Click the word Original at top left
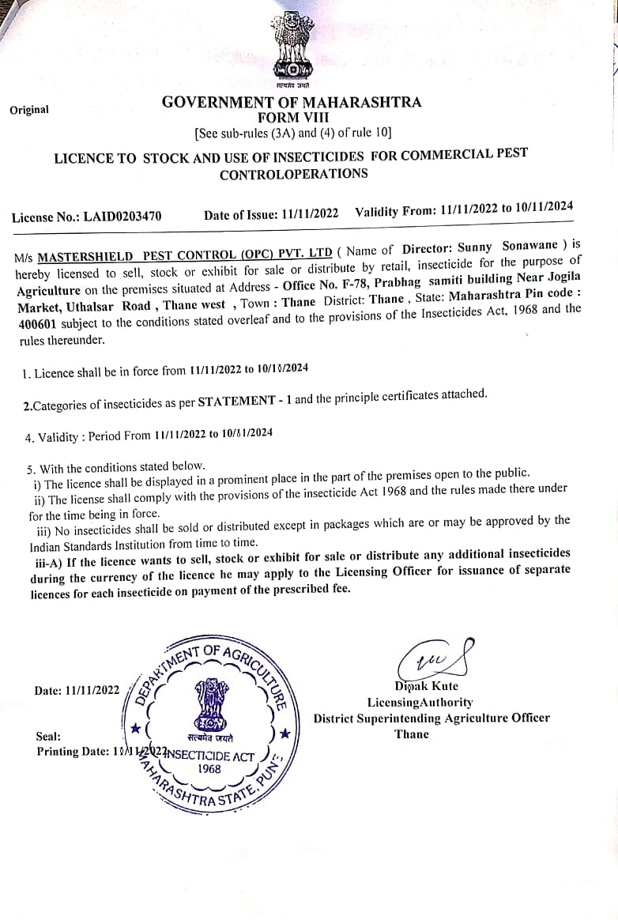29,110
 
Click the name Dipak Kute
427,685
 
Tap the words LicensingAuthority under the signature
420,702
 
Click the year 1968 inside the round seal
209,768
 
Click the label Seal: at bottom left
48,736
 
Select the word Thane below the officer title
412,734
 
